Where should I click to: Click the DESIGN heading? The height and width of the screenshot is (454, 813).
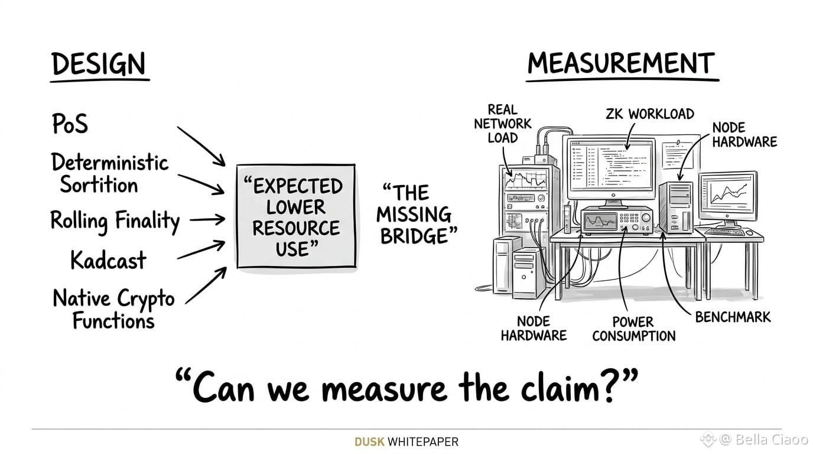coord(99,64)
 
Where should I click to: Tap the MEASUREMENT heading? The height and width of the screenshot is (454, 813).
coord(621,63)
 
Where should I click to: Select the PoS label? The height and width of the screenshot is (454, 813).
coord(70,124)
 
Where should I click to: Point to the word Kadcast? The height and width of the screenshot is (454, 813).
coord(108,260)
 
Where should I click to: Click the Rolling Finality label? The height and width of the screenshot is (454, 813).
coord(115,221)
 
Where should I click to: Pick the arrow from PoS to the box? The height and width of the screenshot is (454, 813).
coord(201,147)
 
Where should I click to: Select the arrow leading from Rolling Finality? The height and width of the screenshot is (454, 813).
coord(207,219)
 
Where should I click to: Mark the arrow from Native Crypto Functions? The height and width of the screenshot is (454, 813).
coord(206,286)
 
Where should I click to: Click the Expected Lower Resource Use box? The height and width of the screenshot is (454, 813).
coord(296,216)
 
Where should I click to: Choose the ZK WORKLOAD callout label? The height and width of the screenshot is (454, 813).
coord(650,114)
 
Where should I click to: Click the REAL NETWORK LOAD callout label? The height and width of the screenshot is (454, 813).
coord(503,124)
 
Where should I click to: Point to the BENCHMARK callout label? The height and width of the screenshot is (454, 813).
coord(733,317)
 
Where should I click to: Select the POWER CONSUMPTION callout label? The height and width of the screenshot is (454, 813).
coord(634,329)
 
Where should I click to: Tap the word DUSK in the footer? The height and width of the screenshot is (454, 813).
coord(369,442)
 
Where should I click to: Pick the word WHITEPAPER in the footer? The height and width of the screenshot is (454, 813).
coord(423,442)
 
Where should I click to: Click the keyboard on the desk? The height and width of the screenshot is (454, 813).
coord(724,231)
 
